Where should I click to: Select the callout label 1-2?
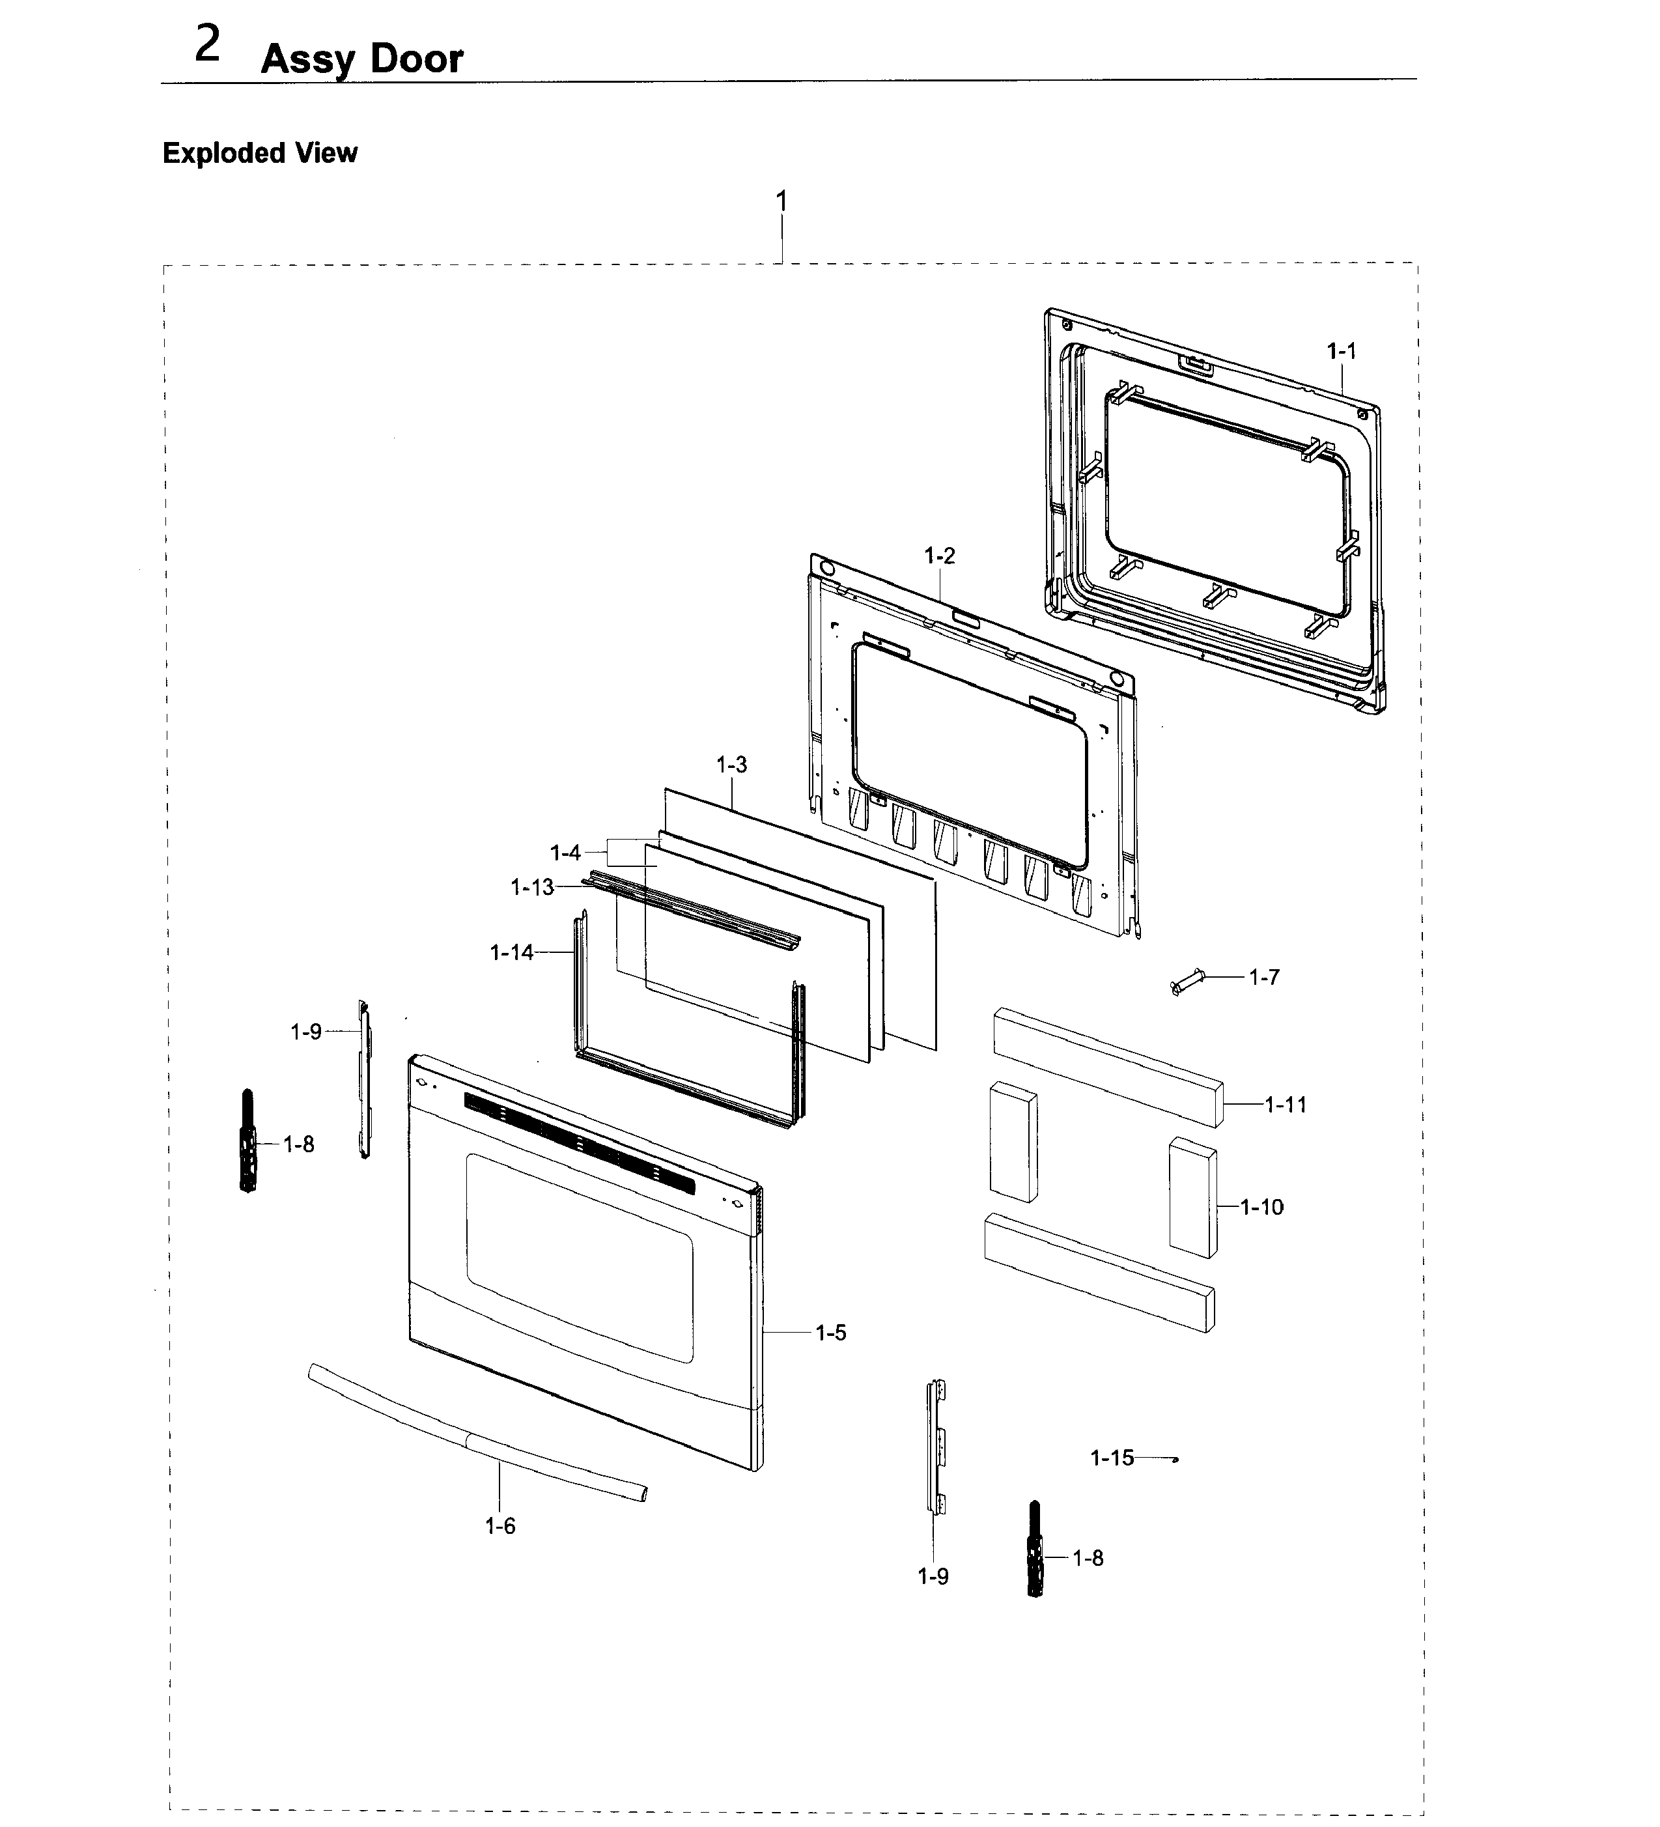pos(940,556)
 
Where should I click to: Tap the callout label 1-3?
pos(731,765)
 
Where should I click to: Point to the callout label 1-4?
pos(565,853)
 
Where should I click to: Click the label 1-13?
pos(532,887)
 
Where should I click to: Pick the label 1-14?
pos(511,952)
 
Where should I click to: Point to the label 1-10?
pos(1261,1206)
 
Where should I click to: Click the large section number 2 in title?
pos(208,46)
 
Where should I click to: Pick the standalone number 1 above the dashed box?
pos(781,201)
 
